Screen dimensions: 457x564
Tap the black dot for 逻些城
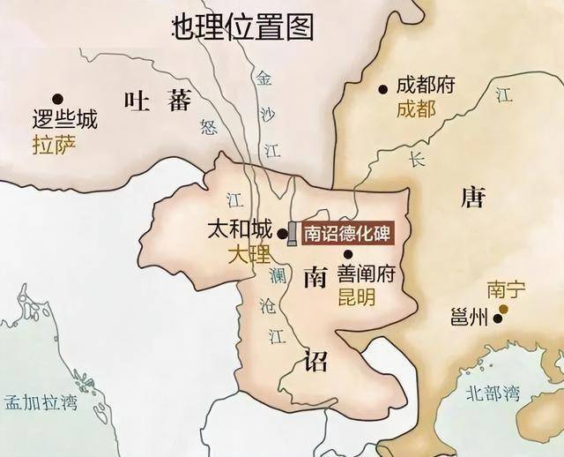[x=58, y=98]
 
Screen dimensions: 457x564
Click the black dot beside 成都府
[x=382, y=88]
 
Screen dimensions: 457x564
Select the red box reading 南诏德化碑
[x=345, y=234]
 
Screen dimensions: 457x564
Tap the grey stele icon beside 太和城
[x=292, y=233]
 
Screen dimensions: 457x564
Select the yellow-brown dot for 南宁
[x=504, y=309]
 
